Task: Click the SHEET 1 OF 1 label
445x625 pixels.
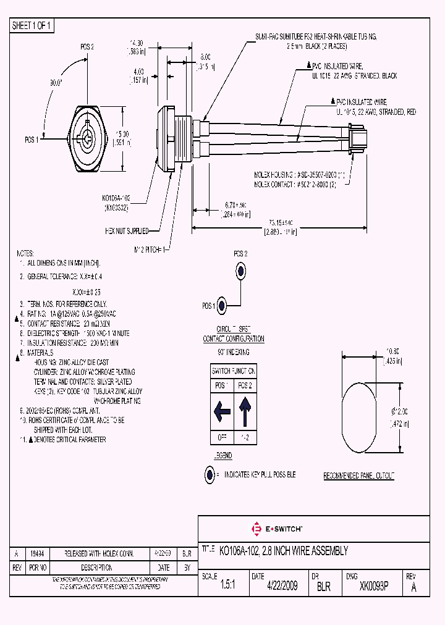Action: [32, 26]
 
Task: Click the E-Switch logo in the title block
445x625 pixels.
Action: [276, 529]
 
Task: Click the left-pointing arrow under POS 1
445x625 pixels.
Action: [222, 411]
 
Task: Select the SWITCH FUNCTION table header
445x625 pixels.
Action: [234, 371]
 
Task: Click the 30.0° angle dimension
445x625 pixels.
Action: [56, 82]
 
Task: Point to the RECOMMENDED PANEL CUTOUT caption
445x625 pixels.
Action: [359, 476]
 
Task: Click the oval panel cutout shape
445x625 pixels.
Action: [359, 411]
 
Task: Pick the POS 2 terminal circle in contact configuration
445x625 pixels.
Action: [240, 271]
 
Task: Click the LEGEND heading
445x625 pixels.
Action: [222, 456]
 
